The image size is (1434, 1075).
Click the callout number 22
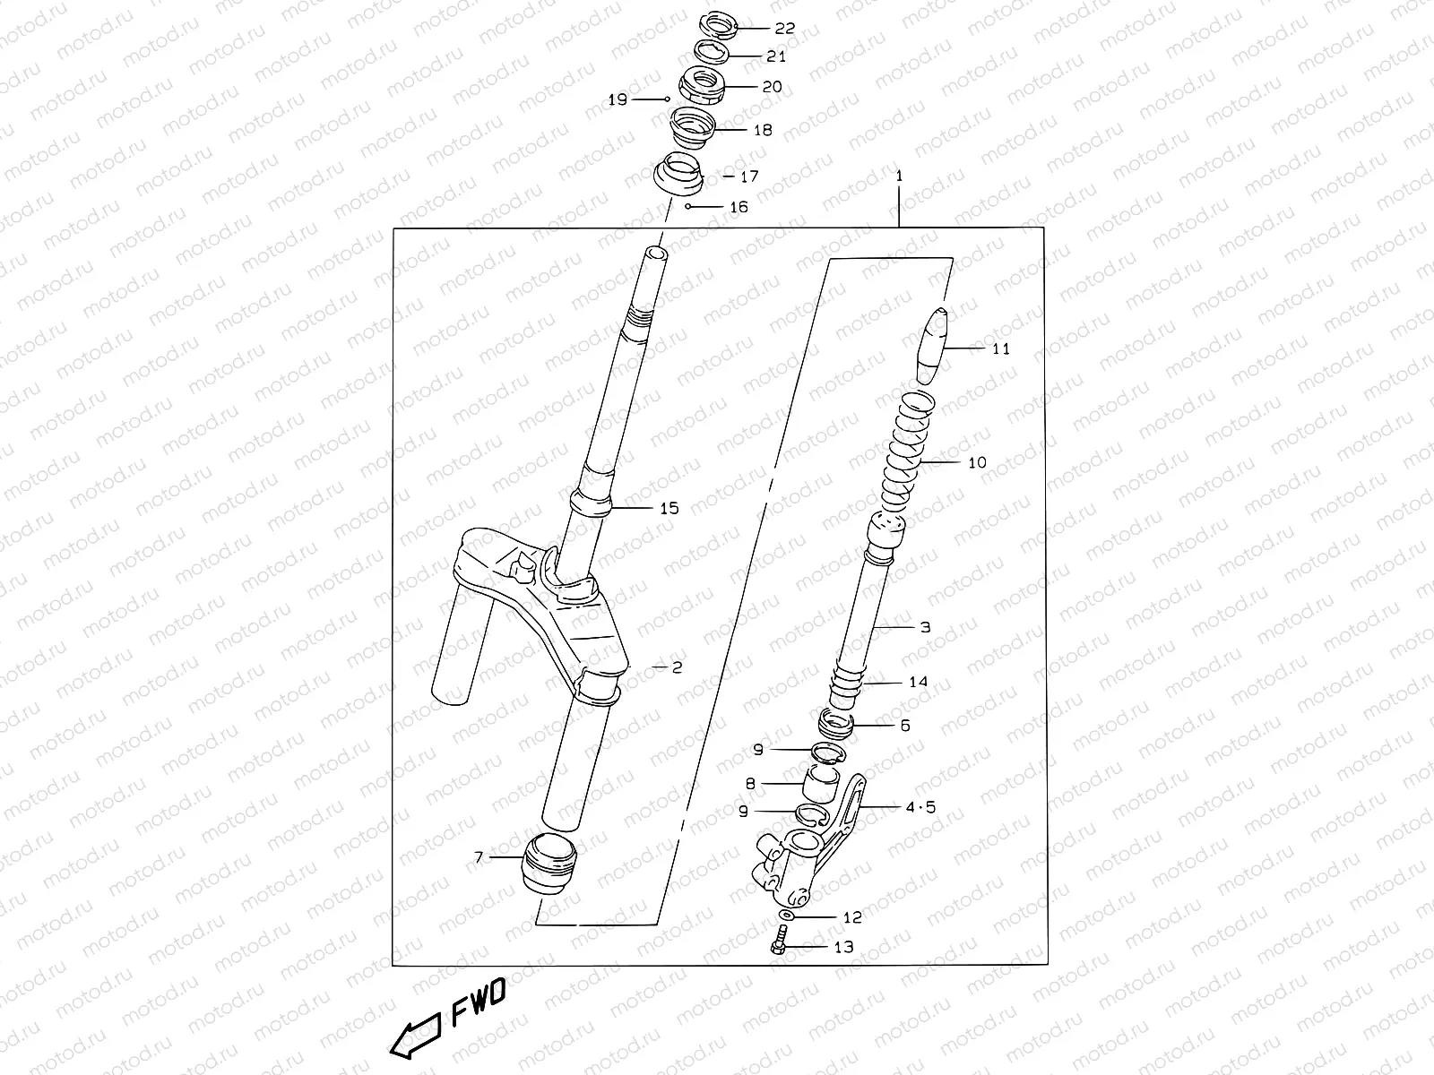pyautogui.click(x=784, y=29)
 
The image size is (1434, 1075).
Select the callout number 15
pyautogui.click(x=669, y=509)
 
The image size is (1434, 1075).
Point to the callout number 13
pyautogui.click(x=843, y=947)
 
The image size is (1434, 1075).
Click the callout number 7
pyautogui.click(x=479, y=857)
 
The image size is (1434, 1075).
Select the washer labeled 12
pyautogui.click(x=785, y=916)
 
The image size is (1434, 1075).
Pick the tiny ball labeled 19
pyautogui.click(x=668, y=99)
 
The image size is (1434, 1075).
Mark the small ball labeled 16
pyautogui.click(x=687, y=207)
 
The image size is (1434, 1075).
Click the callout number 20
pyautogui.click(x=772, y=87)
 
